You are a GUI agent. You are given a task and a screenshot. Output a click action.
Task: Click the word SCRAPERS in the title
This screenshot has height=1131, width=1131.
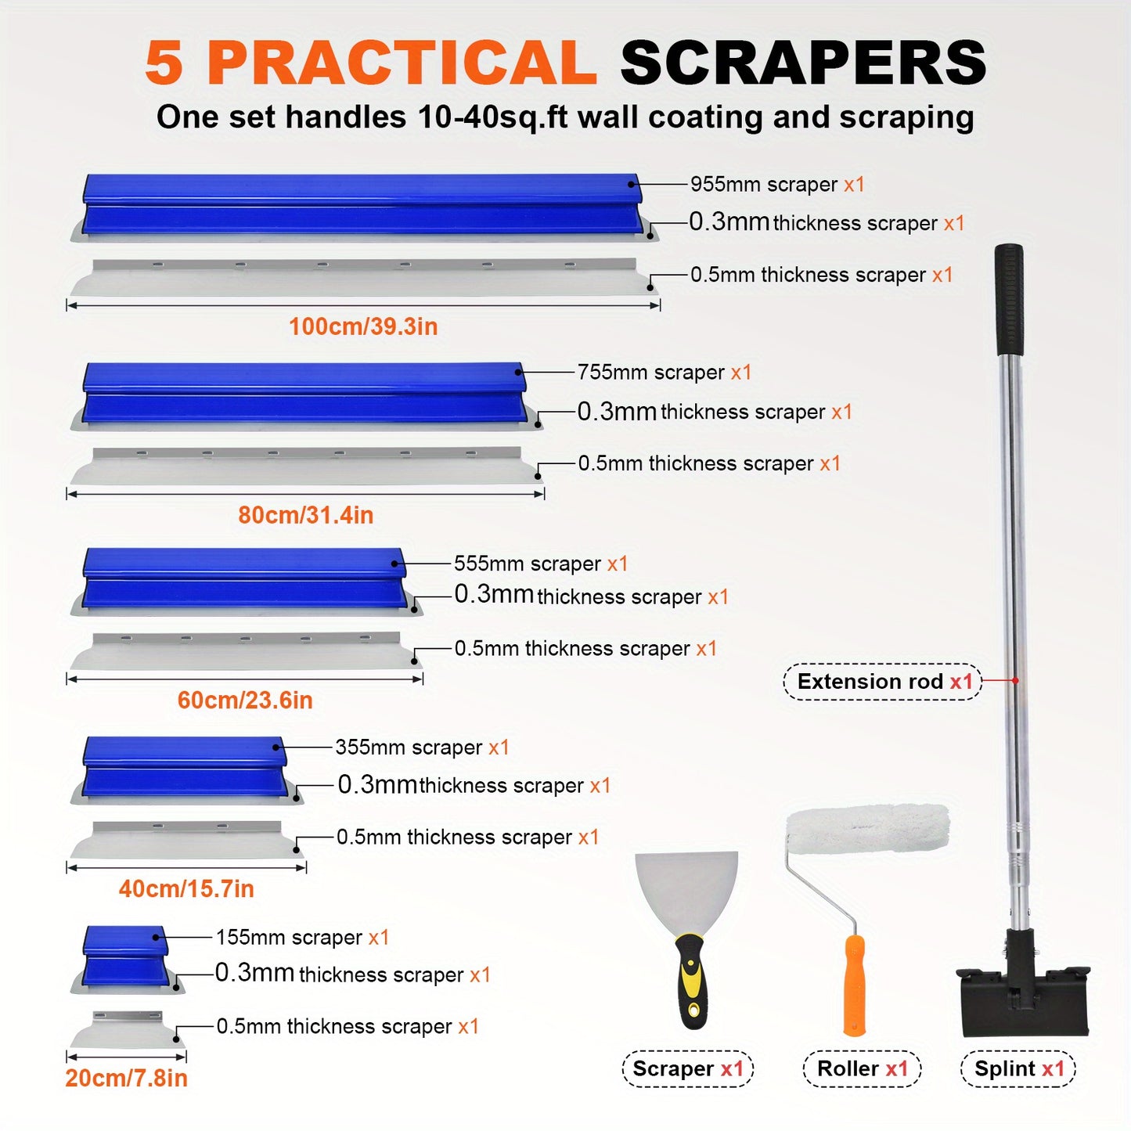pyautogui.click(x=803, y=63)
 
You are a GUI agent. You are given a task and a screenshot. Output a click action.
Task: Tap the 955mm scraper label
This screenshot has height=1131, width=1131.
pyautogui.click(x=777, y=185)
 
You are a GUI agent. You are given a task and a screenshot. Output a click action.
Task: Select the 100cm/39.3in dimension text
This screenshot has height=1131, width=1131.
pyautogui.click(x=363, y=326)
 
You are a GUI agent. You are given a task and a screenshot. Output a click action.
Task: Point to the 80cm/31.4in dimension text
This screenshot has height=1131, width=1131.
pyautogui.click(x=306, y=515)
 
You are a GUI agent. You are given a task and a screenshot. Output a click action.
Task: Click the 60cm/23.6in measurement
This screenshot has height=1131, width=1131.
pyautogui.click(x=245, y=700)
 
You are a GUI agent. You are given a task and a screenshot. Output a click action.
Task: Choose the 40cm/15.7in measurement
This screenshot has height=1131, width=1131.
pyautogui.click(x=186, y=888)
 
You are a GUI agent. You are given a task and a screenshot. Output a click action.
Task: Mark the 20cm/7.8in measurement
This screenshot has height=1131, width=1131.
pyautogui.click(x=126, y=1078)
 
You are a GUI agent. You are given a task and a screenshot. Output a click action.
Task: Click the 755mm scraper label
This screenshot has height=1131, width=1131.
pyautogui.click(x=665, y=372)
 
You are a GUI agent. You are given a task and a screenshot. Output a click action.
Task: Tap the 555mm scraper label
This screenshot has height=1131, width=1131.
pyautogui.click(x=541, y=564)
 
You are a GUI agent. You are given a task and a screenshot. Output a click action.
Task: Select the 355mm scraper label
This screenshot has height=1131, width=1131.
pyautogui.click(x=422, y=747)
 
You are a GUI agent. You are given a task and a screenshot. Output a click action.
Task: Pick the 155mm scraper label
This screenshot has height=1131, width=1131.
pyautogui.click(x=302, y=938)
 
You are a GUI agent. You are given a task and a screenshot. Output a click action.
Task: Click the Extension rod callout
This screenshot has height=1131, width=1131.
pyautogui.click(x=883, y=682)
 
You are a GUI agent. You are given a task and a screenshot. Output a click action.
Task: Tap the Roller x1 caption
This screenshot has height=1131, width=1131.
pyautogui.click(x=863, y=1069)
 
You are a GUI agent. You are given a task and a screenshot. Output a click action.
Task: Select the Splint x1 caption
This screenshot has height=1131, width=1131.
pyautogui.click(x=1018, y=1069)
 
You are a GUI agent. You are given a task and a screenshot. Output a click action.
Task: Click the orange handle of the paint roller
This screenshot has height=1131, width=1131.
pyautogui.click(x=854, y=985)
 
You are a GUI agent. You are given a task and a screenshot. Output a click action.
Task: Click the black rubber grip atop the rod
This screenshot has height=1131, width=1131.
pyautogui.click(x=1009, y=300)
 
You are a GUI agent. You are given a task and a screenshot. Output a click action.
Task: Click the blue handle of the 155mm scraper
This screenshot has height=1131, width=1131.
pyautogui.click(x=125, y=956)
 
